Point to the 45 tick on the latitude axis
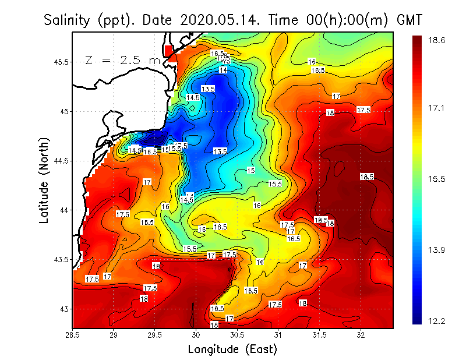63,111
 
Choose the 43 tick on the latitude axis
63,309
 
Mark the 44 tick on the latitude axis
63,210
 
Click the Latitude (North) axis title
45,180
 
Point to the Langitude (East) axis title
232,350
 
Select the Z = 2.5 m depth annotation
122,60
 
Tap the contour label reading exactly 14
223,70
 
